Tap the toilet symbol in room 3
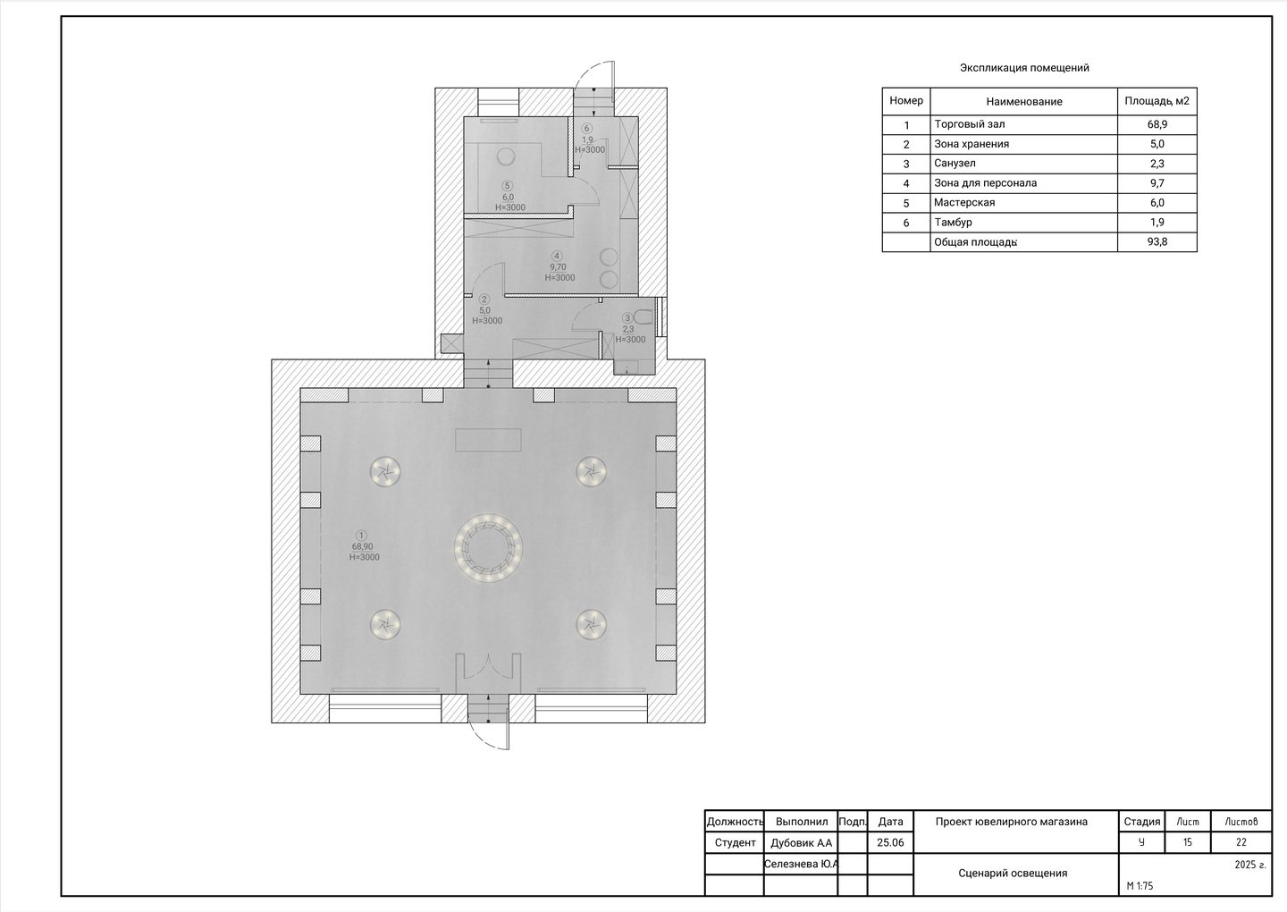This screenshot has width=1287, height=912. point(646,317)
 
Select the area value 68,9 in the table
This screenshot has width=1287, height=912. point(1157,124)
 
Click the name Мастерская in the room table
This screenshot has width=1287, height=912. point(964,202)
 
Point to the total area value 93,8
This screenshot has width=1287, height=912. point(1157,242)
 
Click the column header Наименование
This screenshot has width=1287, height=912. point(1024,102)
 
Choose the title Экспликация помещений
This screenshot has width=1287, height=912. point(1024,68)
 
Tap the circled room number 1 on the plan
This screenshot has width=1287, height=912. point(361,536)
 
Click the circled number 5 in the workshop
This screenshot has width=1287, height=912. point(507,186)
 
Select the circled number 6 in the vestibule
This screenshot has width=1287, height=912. point(586,128)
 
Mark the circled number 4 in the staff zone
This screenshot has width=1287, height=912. point(556,256)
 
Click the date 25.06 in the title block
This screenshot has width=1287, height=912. point(890,842)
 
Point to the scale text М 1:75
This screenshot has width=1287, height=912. point(1140,885)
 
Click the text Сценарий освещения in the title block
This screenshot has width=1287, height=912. point(1013,873)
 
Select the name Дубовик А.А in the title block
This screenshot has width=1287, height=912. point(801,843)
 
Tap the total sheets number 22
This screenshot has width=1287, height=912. point(1241,842)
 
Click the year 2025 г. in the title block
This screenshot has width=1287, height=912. point(1250,865)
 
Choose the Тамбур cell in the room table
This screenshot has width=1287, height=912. point(953,223)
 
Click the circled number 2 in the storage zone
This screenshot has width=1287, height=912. point(484,299)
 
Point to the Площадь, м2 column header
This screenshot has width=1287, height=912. point(1157,101)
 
